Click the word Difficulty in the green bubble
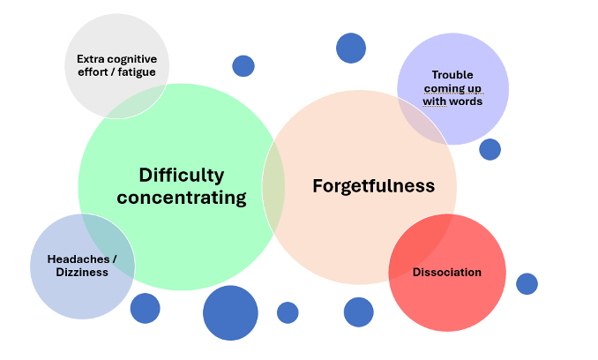click(x=181, y=175)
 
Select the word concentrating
click(x=181, y=198)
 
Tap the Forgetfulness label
click(x=373, y=186)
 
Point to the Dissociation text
click(x=447, y=272)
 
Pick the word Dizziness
click(x=82, y=273)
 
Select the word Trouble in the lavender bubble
click(x=452, y=75)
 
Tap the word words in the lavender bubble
click(x=465, y=101)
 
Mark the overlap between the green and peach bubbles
click(x=274, y=187)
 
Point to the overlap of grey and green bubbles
click(x=141, y=104)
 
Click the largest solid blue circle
click(x=230, y=313)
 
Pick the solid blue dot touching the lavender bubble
click(x=490, y=149)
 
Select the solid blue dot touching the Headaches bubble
click(x=146, y=308)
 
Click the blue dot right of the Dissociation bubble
click(x=527, y=283)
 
